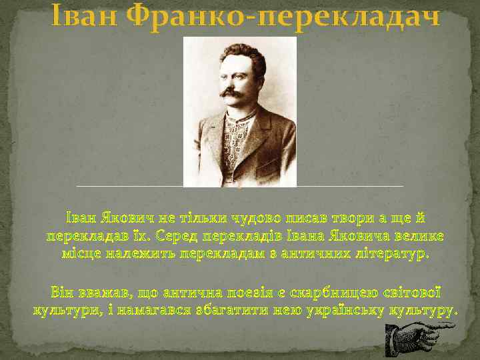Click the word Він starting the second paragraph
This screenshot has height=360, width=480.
click(x=62, y=293)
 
